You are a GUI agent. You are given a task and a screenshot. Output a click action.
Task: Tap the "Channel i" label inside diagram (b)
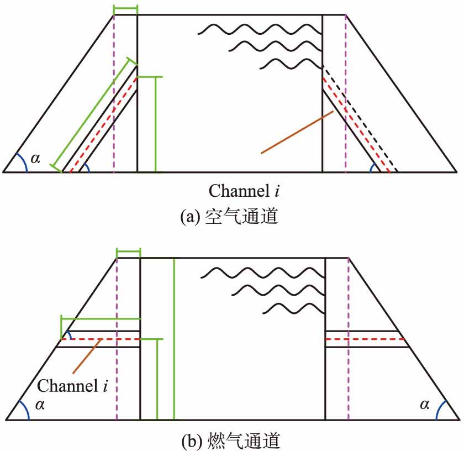[x=72, y=385]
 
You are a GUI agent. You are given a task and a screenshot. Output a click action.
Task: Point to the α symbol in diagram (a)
[x=36, y=159]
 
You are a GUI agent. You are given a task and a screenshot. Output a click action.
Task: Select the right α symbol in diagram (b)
[x=424, y=405]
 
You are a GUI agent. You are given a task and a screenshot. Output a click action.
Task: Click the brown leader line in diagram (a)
[x=297, y=132]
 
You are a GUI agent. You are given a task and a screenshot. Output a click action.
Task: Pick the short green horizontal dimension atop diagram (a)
[x=125, y=9]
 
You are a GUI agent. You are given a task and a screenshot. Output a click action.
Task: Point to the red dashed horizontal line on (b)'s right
[x=365, y=339]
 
